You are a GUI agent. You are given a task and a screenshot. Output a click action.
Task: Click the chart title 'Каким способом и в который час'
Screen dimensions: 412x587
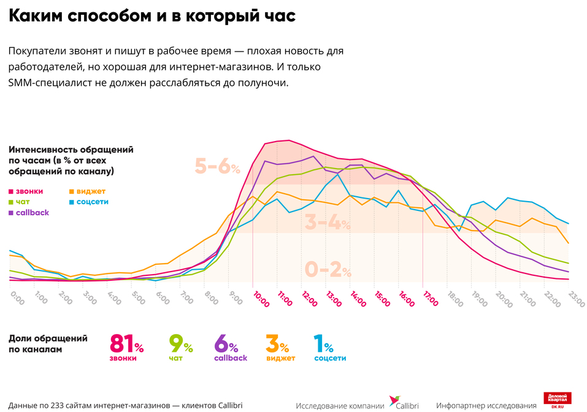[152, 17]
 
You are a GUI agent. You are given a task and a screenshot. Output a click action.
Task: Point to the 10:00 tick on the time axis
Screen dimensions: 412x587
[260, 299]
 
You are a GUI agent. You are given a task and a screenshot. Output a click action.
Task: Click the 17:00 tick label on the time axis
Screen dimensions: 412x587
[430, 299]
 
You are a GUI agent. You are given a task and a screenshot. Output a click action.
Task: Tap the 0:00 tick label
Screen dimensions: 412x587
[17, 299]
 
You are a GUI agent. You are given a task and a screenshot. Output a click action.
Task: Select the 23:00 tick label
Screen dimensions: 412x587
[575, 299]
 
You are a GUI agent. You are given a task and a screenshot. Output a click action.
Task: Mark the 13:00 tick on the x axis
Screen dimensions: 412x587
[333, 299]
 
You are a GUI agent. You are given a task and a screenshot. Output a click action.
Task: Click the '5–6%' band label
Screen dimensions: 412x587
[217, 166]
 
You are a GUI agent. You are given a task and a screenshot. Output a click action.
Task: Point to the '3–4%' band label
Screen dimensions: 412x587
[328, 223]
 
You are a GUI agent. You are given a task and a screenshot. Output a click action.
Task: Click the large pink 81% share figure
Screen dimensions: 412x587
[126, 344]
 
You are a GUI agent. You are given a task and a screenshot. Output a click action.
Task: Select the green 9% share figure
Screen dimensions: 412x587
[180, 344]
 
